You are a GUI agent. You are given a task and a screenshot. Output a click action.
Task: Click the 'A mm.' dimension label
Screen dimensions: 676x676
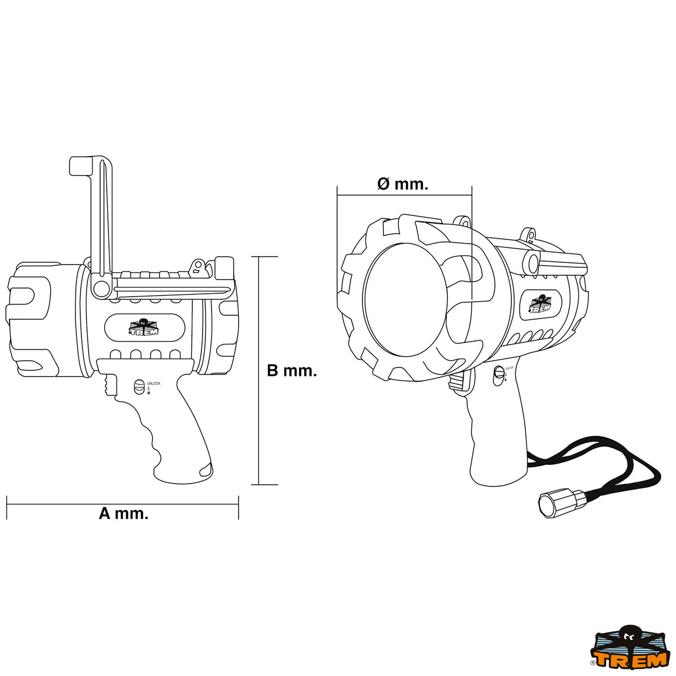[x=123, y=513]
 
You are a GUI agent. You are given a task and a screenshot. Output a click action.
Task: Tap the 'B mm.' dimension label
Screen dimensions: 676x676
[x=291, y=371]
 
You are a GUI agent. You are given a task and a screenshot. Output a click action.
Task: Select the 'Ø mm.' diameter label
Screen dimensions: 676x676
[x=402, y=184]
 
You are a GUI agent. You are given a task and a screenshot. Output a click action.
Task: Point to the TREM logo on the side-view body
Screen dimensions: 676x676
[x=144, y=327]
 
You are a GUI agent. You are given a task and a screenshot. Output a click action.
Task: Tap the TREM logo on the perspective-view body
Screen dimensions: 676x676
[x=541, y=304]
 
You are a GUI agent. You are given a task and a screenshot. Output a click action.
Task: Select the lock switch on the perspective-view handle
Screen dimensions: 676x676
[x=498, y=376]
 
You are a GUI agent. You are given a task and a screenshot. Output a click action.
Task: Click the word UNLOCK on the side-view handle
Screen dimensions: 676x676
[x=153, y=384]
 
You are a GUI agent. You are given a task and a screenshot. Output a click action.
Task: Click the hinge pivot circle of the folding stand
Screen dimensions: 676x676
[x=101, y=288]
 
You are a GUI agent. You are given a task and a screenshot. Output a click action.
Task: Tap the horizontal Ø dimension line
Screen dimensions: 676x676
[x=404, y=195]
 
